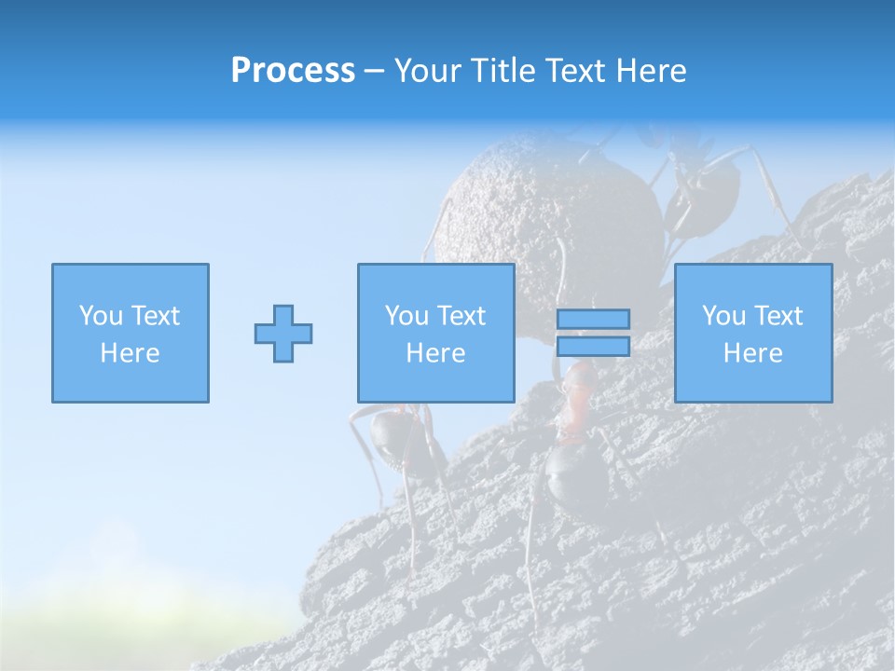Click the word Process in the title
tap(293, 71)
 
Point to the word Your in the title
tap(429, 71)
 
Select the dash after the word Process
tap(375, 72)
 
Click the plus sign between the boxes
tap(283, 334)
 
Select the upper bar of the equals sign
tap(593, 319)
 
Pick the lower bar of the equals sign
tap(593, 347)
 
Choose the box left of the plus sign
tap(130, 333)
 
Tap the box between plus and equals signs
tap(435, 333)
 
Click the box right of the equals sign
tap(752, 333)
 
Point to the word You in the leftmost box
tap(100, 316)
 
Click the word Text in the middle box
tap(461, 316)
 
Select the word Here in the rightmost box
tap(752, 353)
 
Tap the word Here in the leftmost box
tap(130, 353)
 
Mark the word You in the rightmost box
tap(723, 316)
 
